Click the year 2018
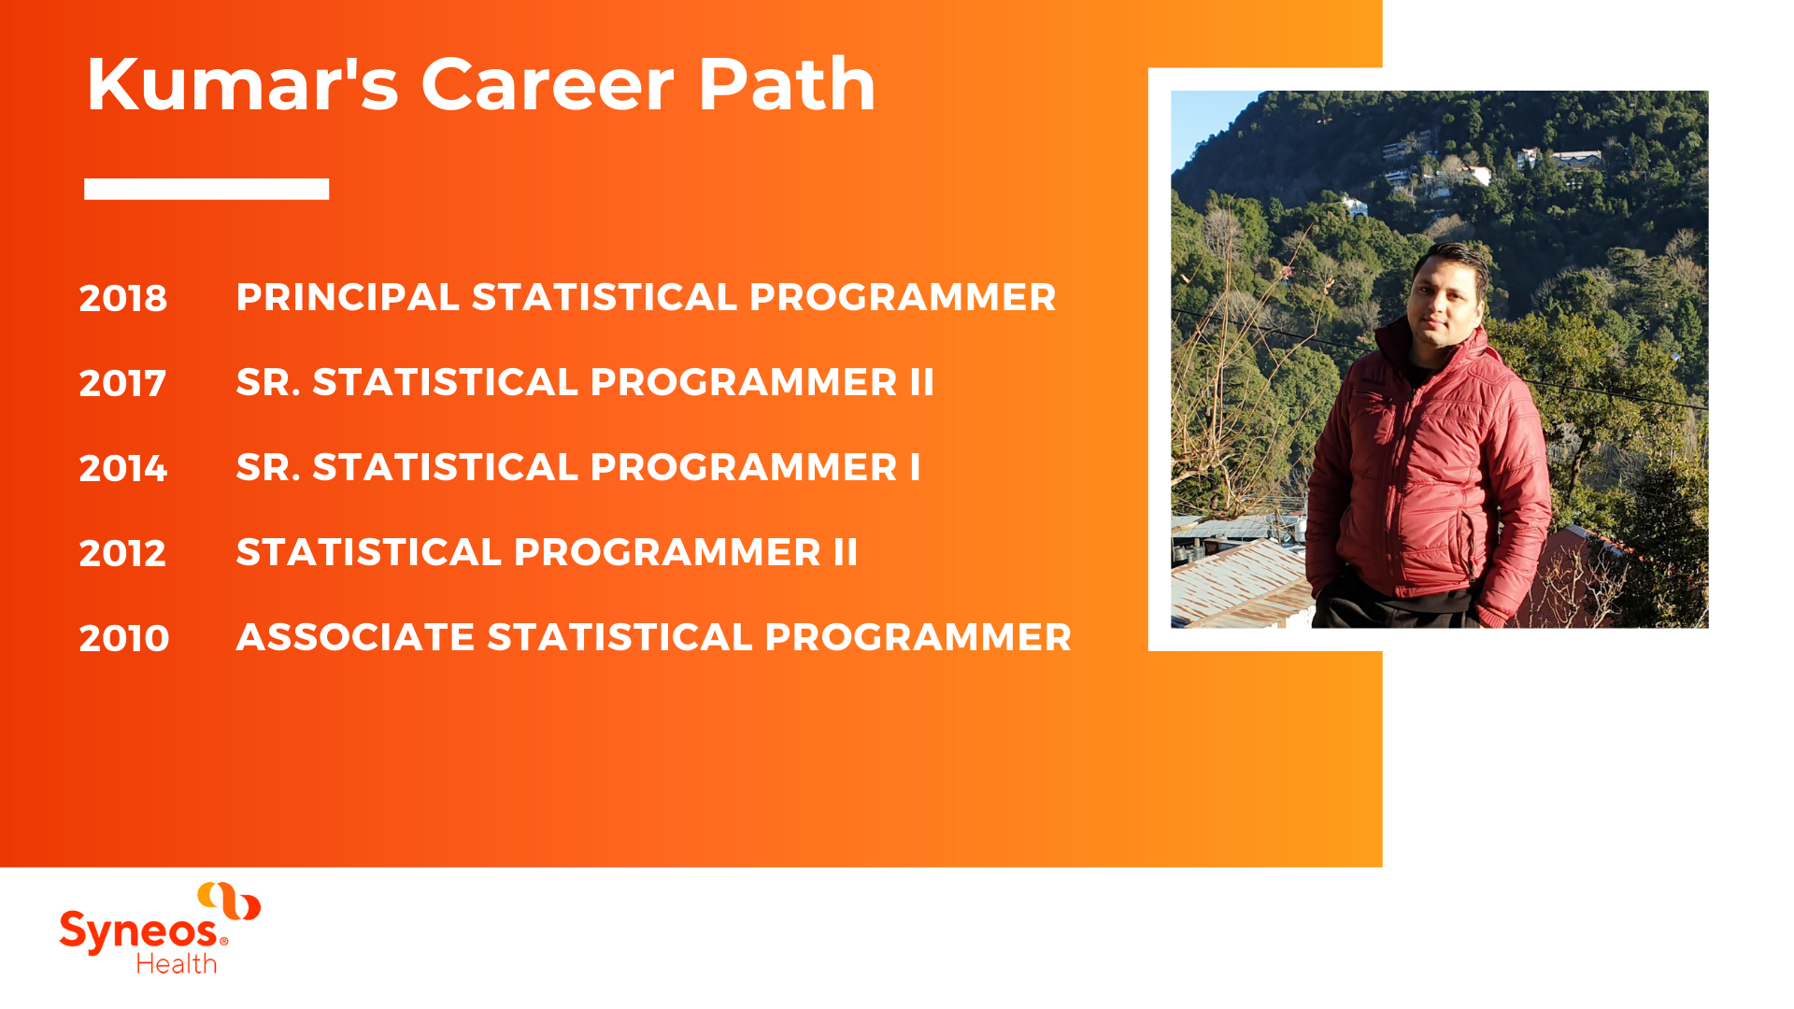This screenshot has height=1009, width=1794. [x=123, y=298]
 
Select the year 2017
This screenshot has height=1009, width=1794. [x=122, y=383]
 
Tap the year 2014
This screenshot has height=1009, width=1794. [x=123, y=468]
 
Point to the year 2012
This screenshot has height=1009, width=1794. [x=122, y=553]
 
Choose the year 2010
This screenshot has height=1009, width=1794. [x=124, y=638]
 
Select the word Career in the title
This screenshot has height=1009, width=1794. [x=548, y=84]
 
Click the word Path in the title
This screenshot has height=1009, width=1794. [x=787, y=84]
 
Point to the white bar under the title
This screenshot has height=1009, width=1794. [x=206, y=189]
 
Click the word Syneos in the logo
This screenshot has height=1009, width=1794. [x=140, y=932]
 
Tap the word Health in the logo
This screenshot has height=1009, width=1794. [x=177, y=963]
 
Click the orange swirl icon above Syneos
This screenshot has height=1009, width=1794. [x=229, y=901]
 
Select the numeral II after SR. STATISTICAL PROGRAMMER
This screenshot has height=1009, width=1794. [x=922, y=382]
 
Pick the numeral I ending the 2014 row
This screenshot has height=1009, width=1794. [x=916, y=467]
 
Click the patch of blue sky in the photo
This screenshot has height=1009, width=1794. [x=1205, y=121]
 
